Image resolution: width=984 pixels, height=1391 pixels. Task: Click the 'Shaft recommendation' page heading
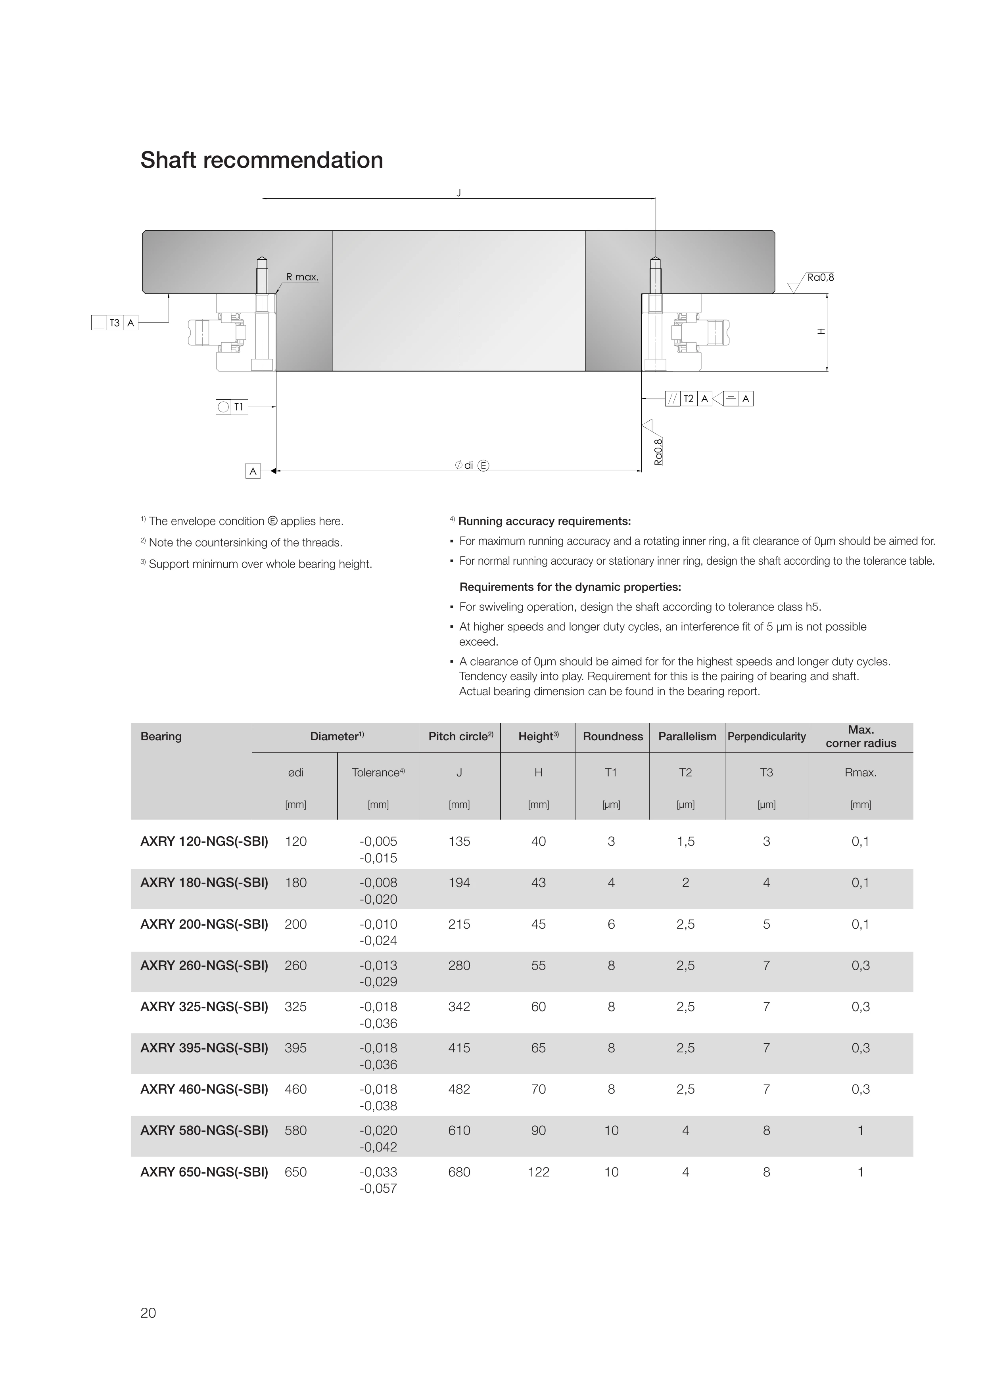click(262, 160)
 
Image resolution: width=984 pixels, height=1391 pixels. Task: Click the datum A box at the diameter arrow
click(253, 471)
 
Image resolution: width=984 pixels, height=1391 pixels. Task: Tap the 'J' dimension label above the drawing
click(458, 193)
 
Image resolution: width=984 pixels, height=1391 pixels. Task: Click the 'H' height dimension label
click(821, 331)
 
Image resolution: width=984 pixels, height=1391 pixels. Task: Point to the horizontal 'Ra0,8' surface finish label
click(821, 278)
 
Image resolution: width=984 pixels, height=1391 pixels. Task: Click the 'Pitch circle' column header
click(460, 736)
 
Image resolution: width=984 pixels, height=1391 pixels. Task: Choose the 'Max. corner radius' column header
click(860, 736)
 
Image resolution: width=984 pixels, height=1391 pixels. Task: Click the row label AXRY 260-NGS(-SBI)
click(204, 965)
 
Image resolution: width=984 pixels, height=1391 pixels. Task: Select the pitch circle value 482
click(459, 1089)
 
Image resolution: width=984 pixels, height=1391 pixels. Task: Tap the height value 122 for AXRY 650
click(538, 1172)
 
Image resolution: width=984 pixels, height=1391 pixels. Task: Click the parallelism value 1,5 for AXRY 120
click(685, 841)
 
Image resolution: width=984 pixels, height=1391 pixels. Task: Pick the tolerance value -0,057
click(378, 1188)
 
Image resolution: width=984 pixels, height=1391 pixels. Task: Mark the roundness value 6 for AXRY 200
click(611, 924)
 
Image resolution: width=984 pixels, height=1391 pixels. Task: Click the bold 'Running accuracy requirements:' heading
click(544, 521)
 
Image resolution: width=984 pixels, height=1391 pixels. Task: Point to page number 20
click(148, 1313)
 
